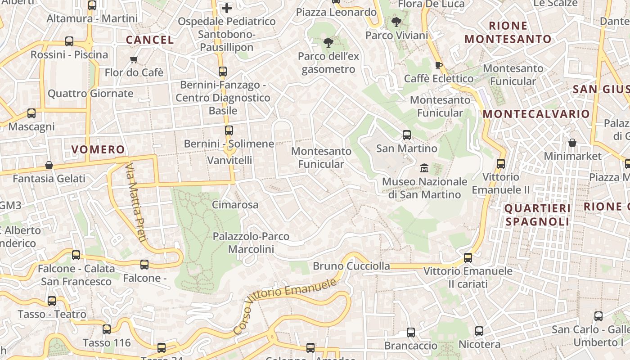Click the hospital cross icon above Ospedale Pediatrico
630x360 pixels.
[x=227, y=8]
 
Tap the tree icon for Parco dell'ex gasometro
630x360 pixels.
[x=328, y=43]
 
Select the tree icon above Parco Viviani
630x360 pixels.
[x=396, y=22]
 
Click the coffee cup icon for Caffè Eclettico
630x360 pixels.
[x=439, y=65]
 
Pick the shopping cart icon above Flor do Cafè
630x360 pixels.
[x=134, y=59]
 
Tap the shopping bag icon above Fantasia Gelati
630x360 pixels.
[x=49, y=165]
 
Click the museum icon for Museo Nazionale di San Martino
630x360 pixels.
[x=424, y=168]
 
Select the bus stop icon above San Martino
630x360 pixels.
[x=407, y=135]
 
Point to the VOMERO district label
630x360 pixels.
[x=98, y=149]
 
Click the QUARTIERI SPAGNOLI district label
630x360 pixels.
[x=537, y=215]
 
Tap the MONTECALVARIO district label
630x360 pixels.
[x=536, y=114]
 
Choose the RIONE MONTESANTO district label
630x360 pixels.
[x=508, y=32]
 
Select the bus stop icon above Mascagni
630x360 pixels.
[x=31, y=113]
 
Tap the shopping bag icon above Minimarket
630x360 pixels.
[x=572, y=143]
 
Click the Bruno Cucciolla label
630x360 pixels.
[x=351, y=266]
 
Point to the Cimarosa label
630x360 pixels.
[x=235, y=205]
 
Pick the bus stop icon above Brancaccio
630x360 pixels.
[x=411, y=333]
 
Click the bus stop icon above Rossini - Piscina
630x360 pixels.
[x=69, y=41]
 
